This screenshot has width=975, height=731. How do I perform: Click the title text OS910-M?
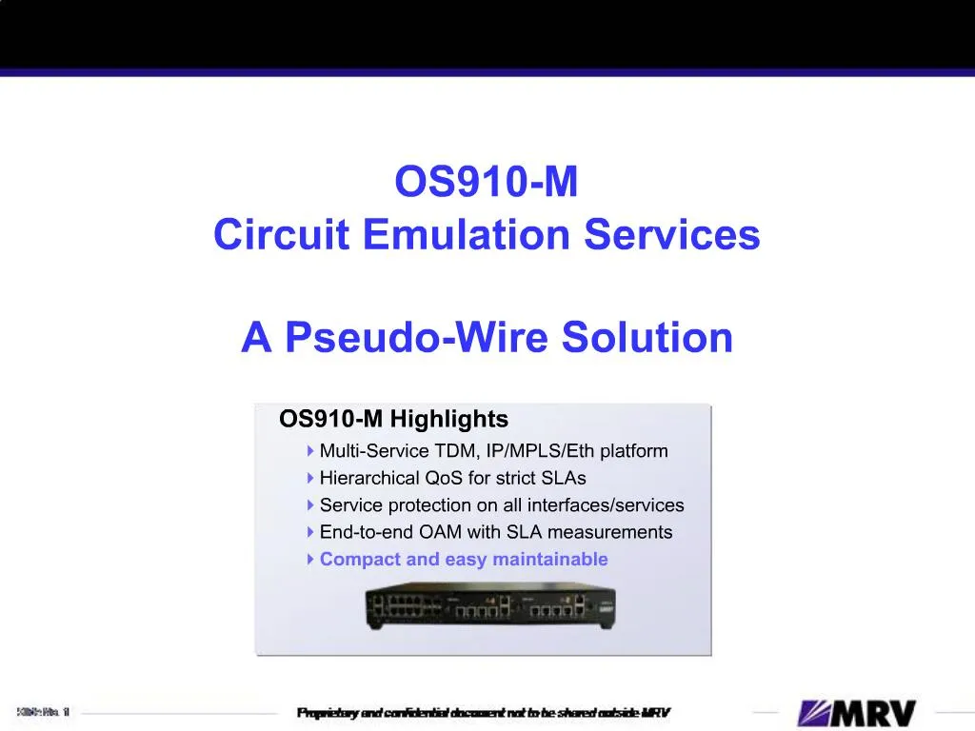coord(487,183)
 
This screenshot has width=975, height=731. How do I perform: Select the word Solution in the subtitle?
coord(647,337)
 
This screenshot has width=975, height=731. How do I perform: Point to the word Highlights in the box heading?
coord(448,419)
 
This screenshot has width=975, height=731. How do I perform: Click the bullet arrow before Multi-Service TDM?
coord(310,450)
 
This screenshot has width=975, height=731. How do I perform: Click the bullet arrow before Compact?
coord(310,560)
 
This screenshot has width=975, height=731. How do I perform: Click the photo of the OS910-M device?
coord(484,604)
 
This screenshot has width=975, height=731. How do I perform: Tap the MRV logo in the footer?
coord(857,713)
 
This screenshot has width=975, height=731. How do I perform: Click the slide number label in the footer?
coord(43,711)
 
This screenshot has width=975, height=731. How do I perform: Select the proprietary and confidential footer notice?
coord(484,713)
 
